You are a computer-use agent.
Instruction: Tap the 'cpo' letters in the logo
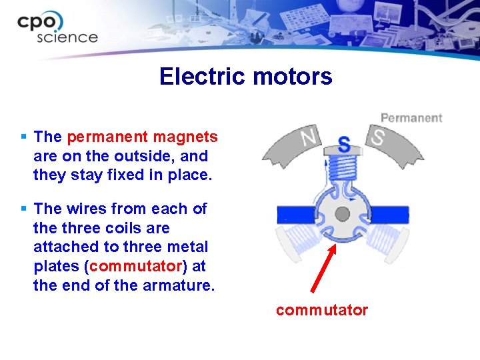tap(41, 22)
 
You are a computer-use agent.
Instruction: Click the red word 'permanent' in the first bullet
tap(107, 137)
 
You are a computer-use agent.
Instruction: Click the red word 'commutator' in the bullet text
tap(135, 267)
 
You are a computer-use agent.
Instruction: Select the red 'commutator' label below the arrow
tap(321, 310)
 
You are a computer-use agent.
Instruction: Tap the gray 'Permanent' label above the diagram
tap(411, 118)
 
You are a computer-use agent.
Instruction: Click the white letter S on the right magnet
tap(378, 139)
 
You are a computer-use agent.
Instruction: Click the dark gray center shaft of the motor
tap(342, 214)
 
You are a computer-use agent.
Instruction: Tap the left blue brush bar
tap(297, 214)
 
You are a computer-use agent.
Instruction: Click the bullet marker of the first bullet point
tap(24, 137)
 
